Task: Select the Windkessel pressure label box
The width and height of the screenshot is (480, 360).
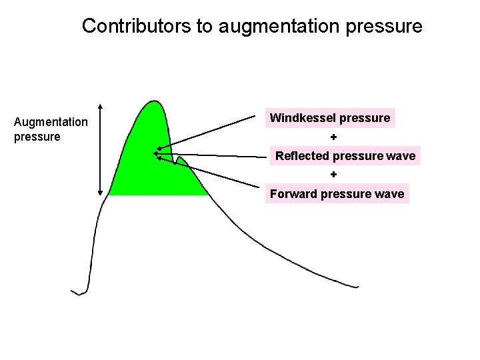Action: (330, 118)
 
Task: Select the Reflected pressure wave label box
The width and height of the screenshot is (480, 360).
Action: (345, 156)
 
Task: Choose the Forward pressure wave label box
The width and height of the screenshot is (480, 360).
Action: (337, 194)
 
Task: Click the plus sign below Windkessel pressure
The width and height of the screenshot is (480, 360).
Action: (334, 137)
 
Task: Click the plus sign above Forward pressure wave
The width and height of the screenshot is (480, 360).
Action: (334, 175)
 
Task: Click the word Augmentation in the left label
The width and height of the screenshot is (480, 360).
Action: (51, 122)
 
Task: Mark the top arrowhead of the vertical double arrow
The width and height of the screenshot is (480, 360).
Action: (100, 106)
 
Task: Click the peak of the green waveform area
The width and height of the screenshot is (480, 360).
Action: (155, 102)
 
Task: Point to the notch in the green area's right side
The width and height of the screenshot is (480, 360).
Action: (174, 161)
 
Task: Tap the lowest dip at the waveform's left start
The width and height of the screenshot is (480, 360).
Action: (79, 293)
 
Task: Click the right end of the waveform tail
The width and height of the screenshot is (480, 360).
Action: (357, 287)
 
